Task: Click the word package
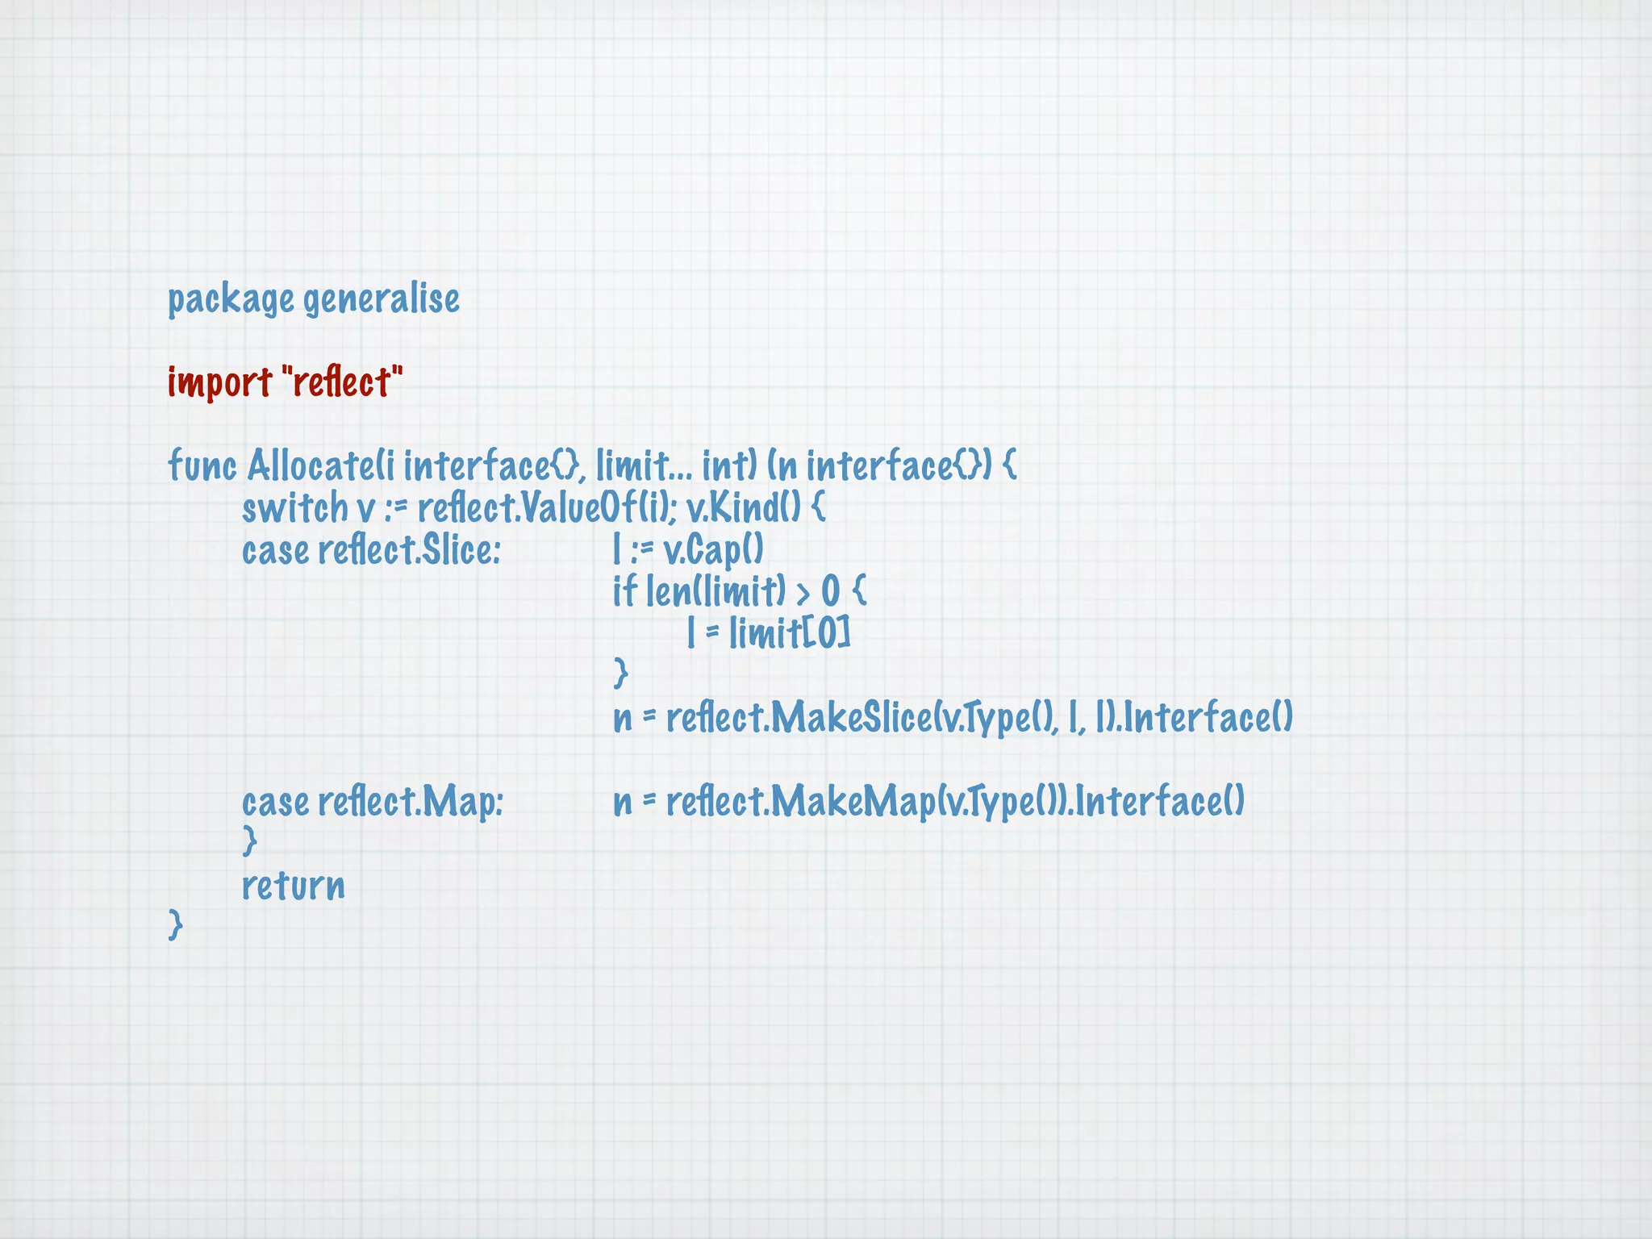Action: point(230,300)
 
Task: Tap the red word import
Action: point(219,382)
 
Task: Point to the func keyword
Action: point(202,465)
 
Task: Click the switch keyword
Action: point(294,508)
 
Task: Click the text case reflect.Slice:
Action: point(371,551)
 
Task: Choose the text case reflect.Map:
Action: point(372,803)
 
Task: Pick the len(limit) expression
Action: point(715,592)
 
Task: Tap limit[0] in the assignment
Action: point(790,634)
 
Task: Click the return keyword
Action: point(293,886)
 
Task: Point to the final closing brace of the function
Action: point(175,924)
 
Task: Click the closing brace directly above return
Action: point(250,841)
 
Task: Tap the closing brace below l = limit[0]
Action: point(620,673)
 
